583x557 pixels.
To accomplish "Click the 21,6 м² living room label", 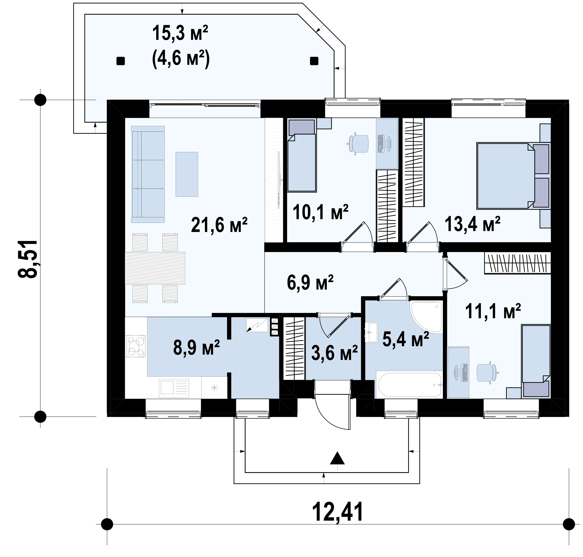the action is [219, 225].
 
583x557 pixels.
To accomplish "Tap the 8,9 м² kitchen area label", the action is [197, 347].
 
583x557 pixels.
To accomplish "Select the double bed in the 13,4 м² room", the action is [513, 176].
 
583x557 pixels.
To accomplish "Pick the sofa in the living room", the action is [148, 174].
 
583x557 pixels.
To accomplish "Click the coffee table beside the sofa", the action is [187, 174].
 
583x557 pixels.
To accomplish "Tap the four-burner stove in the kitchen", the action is [136, 346].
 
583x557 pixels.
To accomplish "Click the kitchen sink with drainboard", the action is [174, 388].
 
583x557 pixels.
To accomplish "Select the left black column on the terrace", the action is [121, 61].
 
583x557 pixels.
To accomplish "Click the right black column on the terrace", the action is [314, 61].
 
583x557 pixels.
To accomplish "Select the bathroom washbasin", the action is [371, 332].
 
